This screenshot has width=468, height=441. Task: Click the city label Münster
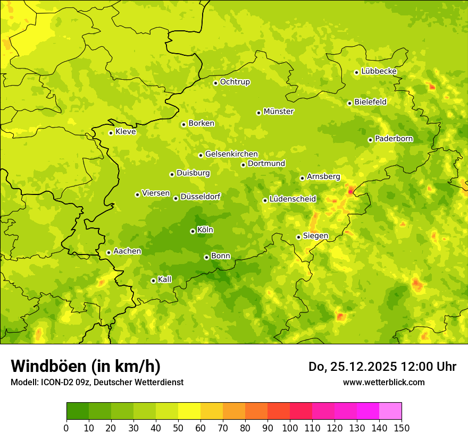click(x=278, y=112)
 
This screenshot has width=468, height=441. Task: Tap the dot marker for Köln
click(x=193, y=231)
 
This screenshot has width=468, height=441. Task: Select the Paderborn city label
click(x=394, y=139)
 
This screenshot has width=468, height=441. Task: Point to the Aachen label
click(x=127, y=251)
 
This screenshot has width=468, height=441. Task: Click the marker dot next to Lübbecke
click(x=356, y=72)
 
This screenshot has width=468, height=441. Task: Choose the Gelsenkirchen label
click(x=231, y=154)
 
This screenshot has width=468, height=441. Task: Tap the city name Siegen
click(x=315, y=236)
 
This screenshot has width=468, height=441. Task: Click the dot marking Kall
click(x=153, y=281)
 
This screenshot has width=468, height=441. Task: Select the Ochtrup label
click(x=235, y=82)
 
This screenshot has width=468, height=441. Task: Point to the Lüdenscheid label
click(x=292, y=199)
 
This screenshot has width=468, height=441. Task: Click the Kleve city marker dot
click(x=111, y=133)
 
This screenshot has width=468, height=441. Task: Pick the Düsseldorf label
click(x=200, y=197)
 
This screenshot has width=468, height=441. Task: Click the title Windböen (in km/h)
click(x=86, y=366)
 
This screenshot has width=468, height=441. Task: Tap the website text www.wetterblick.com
click(x=383, y=382)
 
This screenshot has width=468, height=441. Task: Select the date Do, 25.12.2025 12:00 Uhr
click(x=382, y=367)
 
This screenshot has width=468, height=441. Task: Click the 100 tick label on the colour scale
click(x=290, y=428)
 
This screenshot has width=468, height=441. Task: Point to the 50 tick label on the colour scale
click(x=178, y=428)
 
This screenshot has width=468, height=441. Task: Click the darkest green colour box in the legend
click(x=77, y=411)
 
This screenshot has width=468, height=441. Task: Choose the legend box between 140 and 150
click(x=390, y=411)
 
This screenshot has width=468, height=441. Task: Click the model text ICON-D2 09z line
click(x=97, y=382)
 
